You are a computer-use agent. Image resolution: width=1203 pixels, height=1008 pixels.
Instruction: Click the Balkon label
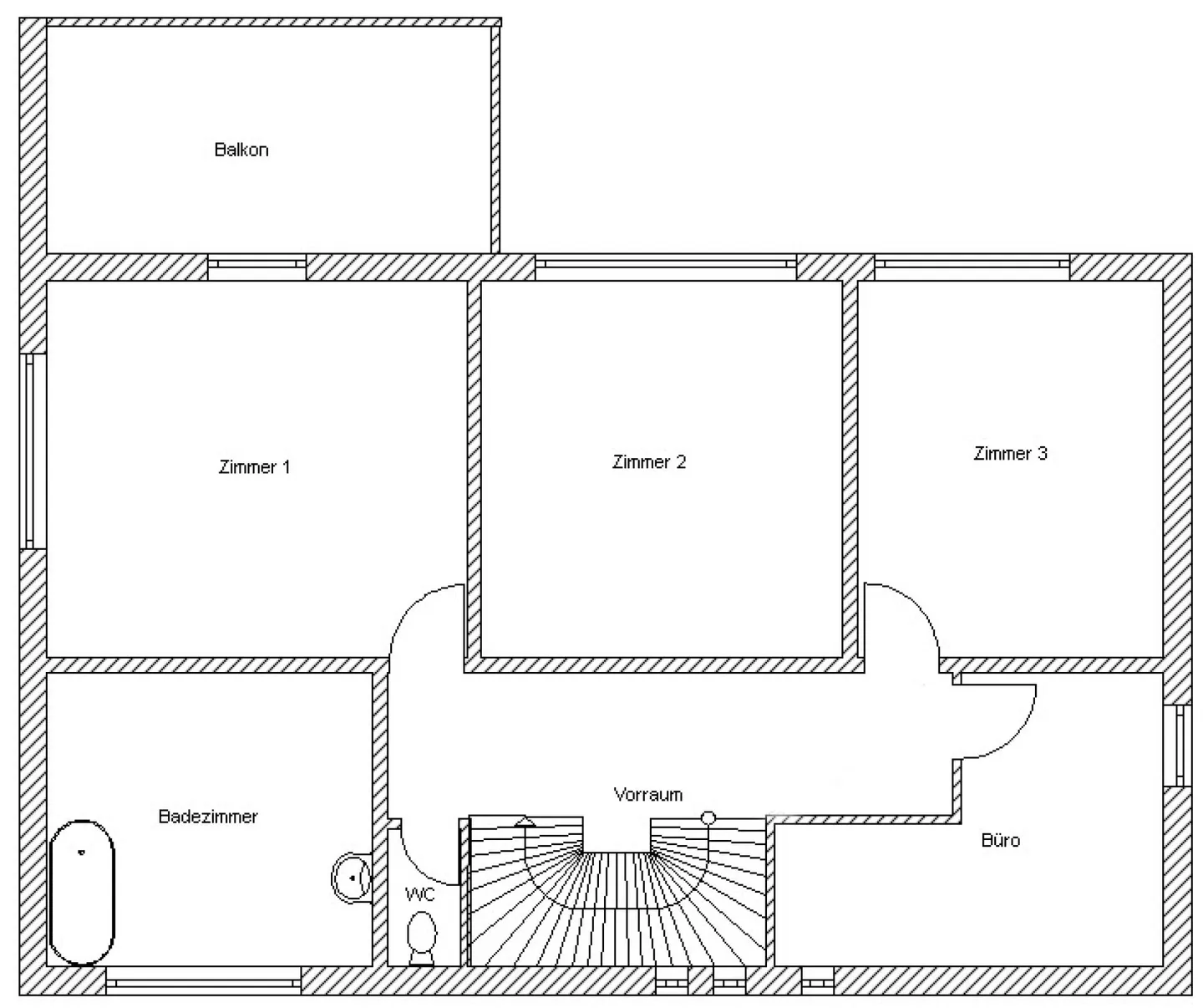pos(241,150)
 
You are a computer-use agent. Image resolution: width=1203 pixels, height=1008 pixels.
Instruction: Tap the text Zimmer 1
pos(254,467)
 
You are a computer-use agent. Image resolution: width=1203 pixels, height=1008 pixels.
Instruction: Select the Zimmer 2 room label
pos(649,462)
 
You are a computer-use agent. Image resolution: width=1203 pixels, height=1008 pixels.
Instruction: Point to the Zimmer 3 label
pos(1010,454)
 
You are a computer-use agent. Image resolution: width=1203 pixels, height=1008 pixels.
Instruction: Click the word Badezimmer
pos(208,817)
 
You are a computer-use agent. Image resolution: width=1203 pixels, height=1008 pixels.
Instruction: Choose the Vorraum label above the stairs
pos(647,794)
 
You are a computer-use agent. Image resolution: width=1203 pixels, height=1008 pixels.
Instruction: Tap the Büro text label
pos(1000,840)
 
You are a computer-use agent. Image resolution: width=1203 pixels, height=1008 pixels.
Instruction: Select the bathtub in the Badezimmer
pos(82,892)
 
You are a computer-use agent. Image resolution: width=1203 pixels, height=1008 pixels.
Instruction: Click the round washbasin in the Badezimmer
pos(352,878)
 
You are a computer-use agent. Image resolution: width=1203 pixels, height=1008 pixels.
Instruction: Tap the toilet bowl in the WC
pos(421,936)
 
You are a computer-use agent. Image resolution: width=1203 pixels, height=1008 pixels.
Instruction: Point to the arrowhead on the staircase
pos(525,822)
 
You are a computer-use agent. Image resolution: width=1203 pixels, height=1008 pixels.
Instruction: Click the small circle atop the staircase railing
pos(708,817)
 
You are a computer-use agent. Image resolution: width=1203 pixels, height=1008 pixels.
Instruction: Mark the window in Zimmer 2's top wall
pos(665,264)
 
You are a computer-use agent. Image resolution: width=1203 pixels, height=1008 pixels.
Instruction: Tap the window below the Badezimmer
pos(203,980)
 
